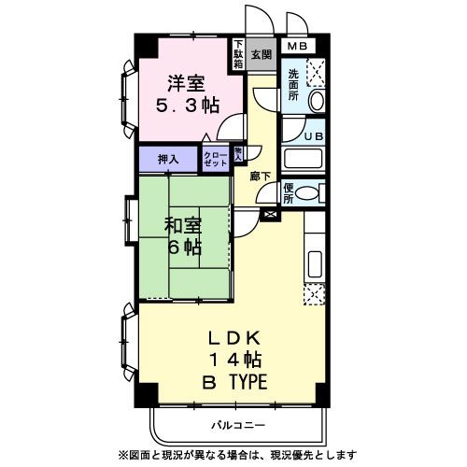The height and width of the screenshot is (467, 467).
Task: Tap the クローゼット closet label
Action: click(216, 158)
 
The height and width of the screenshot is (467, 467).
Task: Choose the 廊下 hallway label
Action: click(261, 174)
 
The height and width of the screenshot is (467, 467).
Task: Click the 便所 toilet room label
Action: click(289, 193)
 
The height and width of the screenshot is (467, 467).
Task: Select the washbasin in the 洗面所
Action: click(315, 101)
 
